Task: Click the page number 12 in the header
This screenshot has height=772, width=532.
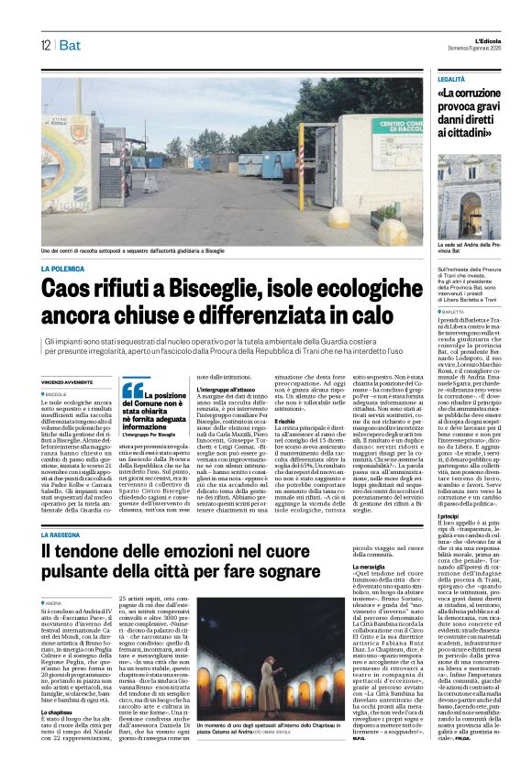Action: coord(44,45)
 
